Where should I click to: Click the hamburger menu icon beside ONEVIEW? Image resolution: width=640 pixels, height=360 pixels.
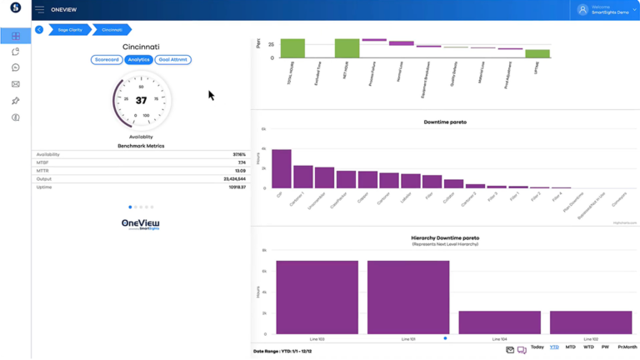(x=39, y=10)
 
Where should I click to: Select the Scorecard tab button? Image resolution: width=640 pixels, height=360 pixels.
(x=107, y=60)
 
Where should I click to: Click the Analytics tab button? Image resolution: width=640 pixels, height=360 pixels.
(x=138, y=60)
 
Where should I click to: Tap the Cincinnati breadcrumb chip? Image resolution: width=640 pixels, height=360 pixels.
(x=112, y=30)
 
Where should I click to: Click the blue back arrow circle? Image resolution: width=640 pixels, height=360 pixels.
(x=39, y=30)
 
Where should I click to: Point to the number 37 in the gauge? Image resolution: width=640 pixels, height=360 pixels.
(x=141, y=101)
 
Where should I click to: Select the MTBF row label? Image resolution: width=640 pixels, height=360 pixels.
(x=42, y=162)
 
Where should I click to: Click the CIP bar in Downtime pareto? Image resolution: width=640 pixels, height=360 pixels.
(x=282, y=168)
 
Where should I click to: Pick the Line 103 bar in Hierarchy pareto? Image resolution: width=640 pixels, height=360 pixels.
(x=317, y=297)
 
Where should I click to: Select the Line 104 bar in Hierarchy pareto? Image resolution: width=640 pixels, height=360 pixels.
(x=499, y=322)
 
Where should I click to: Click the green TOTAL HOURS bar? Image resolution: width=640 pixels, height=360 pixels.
(x=292, y=47)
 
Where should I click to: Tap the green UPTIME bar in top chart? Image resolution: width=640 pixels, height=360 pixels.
(x=537, y=53)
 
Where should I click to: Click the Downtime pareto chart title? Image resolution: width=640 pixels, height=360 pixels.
(x=445, y=122)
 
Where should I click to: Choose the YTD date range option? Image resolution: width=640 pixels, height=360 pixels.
(x=554, y=347)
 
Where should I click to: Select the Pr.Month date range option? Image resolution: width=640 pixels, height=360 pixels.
(x=627, y=347)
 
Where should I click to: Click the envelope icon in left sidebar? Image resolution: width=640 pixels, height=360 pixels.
(x=16, y=84)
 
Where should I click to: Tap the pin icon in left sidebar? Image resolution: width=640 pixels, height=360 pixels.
(x=16, y=101)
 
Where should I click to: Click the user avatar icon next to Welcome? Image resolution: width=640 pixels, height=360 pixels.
(x=582, y=10)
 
